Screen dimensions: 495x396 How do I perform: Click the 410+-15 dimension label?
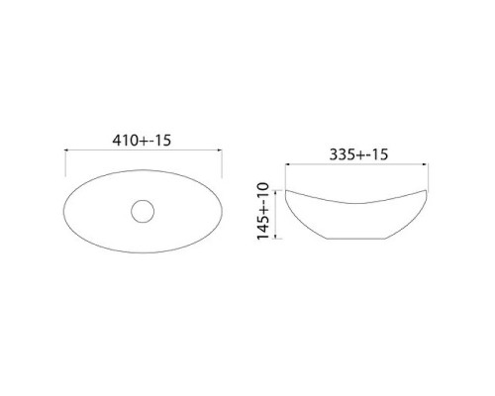(x=142, y=141)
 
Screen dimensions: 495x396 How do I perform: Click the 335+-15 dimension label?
(x=358, y=154)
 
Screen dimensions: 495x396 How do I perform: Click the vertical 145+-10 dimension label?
(x=263, y=211)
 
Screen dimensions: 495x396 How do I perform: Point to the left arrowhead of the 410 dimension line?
(x=66, y=150)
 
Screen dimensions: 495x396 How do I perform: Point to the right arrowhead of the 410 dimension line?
(x=220, y=150)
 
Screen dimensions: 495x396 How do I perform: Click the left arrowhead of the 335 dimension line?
(x=287, y=164)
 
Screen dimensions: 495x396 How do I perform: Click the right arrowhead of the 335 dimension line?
(x=426, y=164)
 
